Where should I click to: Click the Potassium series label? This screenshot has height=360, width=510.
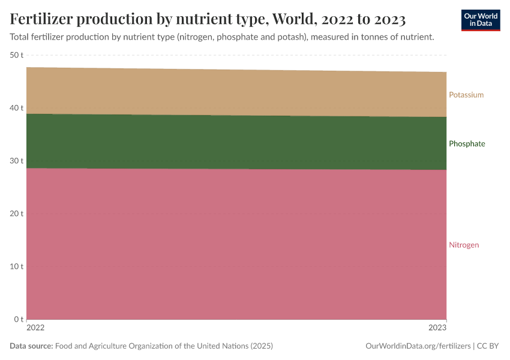(x=466, y=95)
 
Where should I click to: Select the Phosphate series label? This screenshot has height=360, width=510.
(x=467, y=144)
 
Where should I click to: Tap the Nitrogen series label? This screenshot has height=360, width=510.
(x=464, y=245)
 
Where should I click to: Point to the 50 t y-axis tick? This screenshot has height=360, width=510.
(x=16, y=55)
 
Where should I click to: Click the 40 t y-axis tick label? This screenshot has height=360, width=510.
(x=16, y=108)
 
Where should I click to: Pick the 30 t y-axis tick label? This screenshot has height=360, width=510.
(x=16, y=161)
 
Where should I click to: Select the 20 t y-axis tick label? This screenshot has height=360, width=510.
(x=16, y=214)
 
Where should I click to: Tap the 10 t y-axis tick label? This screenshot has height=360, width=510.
(x=16, y=266)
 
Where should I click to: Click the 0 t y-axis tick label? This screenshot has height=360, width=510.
(x=19, y=319)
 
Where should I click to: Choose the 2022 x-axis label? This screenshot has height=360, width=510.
(x=35, y=329)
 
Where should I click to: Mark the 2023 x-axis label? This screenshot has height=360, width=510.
(x=438, y=329)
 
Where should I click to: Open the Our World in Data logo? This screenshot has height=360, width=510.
(x=481, y=20)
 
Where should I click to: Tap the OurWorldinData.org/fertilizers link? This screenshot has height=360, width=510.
(x=417, y=346)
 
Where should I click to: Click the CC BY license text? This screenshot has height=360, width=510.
(x=488, y=346)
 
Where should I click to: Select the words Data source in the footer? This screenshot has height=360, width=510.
(x=31, y=346)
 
